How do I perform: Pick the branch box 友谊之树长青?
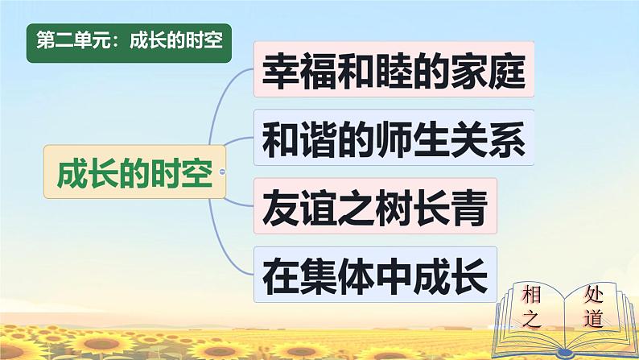tap(375, 208)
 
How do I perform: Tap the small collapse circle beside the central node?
tap(221, 173)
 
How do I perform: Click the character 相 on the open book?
tap(530, 291)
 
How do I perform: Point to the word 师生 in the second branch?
tap(393, 139)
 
